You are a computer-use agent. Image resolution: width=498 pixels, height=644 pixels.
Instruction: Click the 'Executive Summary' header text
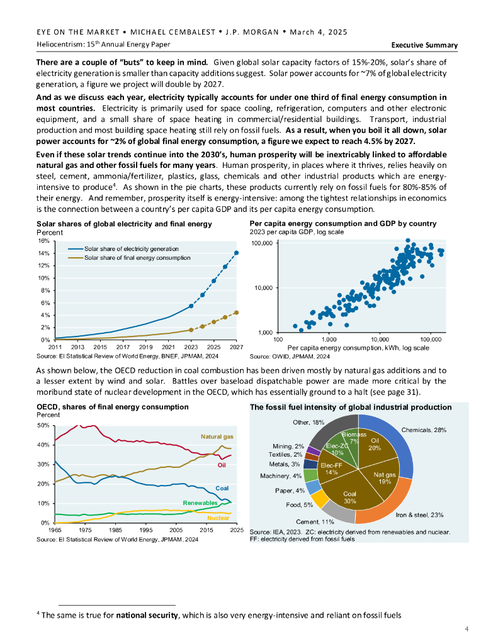[424, 45]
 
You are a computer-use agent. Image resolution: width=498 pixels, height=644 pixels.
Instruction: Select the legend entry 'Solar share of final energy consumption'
[137, 258]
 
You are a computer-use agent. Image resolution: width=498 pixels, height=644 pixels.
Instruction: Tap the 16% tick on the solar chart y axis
[43, 241]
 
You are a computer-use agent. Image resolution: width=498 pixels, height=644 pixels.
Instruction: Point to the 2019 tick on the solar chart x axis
[145, 347]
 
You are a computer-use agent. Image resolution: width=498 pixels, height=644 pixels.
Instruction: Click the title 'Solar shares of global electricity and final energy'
[124, 224]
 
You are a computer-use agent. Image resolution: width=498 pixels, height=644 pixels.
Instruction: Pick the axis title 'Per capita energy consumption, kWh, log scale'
[358, 348]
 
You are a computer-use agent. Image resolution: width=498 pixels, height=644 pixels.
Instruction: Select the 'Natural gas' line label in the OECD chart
[217, 436]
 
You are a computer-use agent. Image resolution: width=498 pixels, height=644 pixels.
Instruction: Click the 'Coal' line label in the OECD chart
[222, 488]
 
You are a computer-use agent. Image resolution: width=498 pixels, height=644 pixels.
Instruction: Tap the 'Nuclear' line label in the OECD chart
[218, 518]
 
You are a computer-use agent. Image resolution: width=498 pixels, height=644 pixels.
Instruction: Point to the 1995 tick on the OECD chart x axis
[145, 531]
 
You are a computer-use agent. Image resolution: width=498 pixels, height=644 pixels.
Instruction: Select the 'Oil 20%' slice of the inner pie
[375, 445]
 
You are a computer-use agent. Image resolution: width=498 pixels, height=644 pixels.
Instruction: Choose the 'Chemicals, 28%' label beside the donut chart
[424, 430]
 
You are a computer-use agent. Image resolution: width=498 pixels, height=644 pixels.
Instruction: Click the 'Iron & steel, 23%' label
[419, 515]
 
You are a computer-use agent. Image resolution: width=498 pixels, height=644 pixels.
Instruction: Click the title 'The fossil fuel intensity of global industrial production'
[351, 408]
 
